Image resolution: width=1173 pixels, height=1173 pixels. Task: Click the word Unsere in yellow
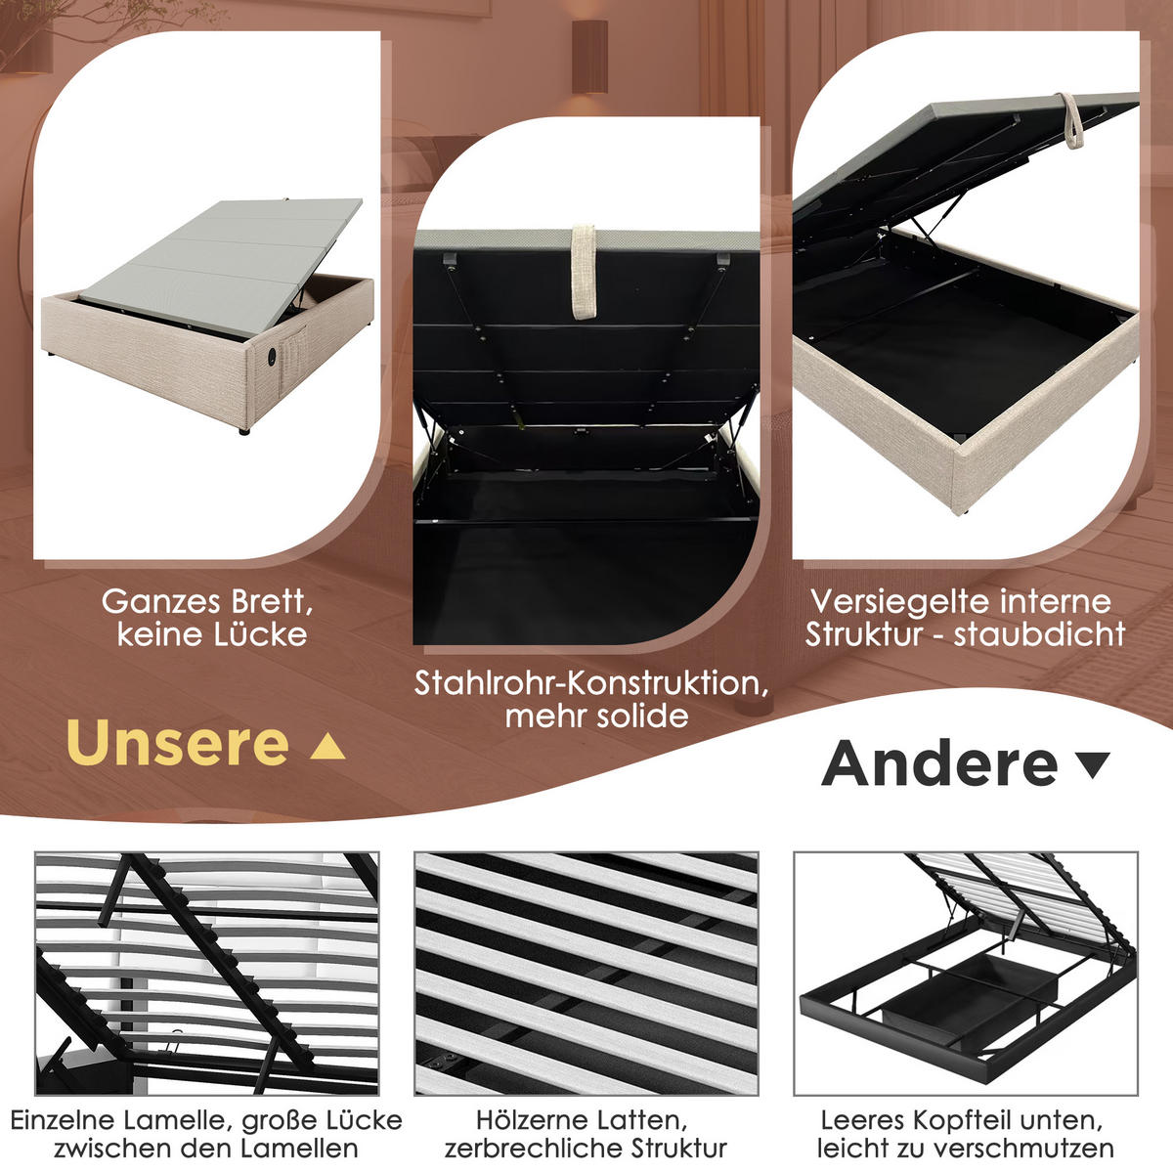[x=178, y=745]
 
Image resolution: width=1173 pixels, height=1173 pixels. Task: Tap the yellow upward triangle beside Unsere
[x=327, y=748]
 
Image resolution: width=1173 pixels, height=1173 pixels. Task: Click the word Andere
[x=940, y=764]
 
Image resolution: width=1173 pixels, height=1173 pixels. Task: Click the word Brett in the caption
[x=273, y=601]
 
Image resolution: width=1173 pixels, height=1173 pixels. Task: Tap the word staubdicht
[x=1040, y=634]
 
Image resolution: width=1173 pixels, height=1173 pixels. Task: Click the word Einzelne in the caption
[x=61, y=1119]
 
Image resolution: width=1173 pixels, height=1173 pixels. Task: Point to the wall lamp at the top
[x=589, y=54]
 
